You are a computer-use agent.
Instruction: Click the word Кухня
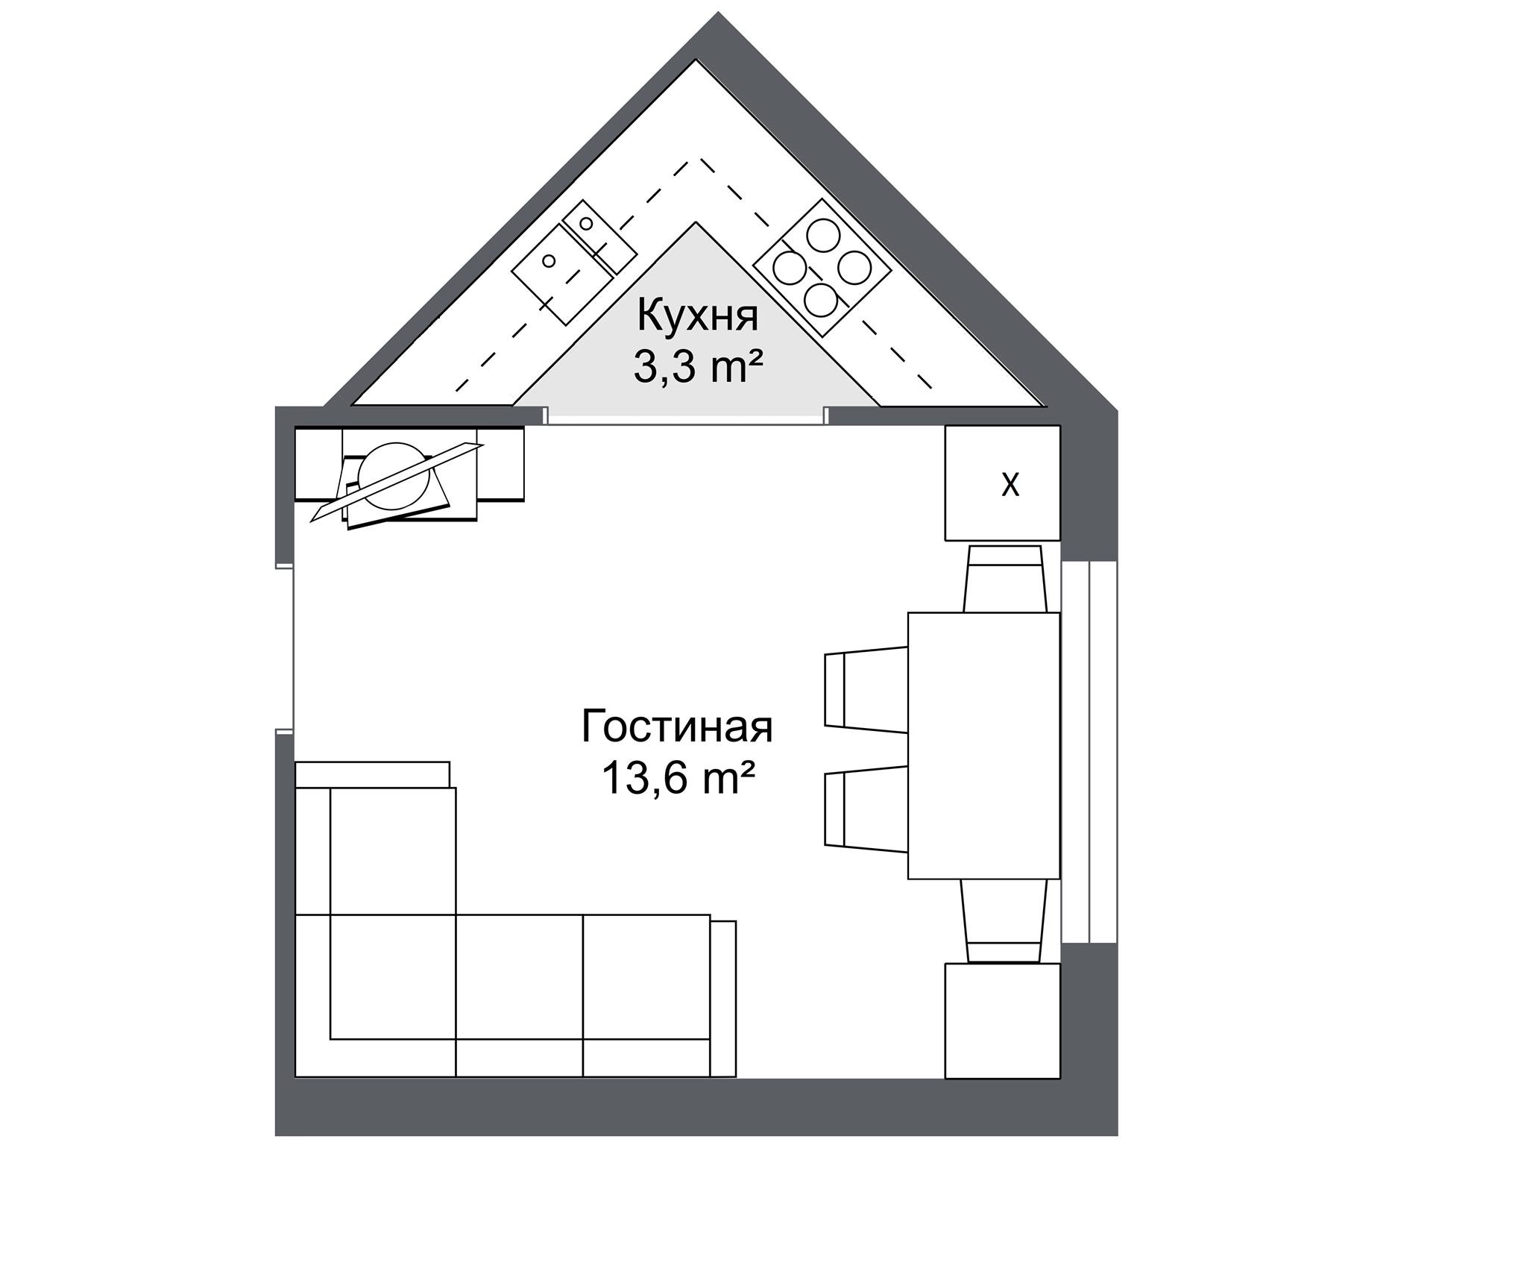[697, 316]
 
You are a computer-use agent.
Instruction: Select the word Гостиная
[677, 727]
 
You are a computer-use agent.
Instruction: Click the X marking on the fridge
[1010, 485]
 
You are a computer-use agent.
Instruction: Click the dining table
[983, 745]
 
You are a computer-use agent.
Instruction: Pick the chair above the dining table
[1005, 579]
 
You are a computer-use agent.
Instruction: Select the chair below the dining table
[1004, 921]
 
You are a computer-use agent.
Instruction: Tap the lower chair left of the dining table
[866, 809]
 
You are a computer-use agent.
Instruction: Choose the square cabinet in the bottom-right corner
[1002, 1020]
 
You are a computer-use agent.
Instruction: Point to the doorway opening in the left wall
[285, 647]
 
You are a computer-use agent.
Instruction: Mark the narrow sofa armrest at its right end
[723, 999]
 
